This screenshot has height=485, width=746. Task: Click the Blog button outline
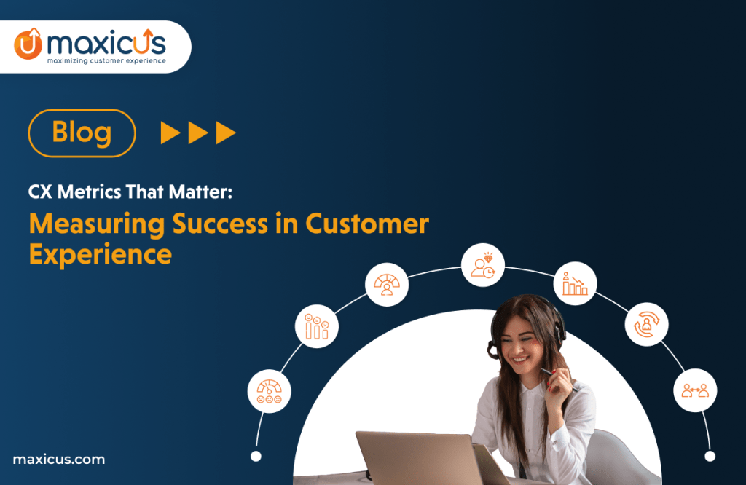82,133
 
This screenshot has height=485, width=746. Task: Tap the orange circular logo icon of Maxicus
28,44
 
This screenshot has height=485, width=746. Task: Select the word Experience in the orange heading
101,255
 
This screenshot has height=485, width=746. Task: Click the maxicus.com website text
59,460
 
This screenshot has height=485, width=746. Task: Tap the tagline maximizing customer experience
106,61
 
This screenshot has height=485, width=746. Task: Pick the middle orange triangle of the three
199,133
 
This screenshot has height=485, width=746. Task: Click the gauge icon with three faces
270,390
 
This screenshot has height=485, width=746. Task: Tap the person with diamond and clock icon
482,265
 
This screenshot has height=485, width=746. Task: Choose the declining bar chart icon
575,283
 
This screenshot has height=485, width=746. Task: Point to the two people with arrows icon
694,391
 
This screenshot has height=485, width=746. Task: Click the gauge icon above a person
386,284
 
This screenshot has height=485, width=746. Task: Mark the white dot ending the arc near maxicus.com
256,456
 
